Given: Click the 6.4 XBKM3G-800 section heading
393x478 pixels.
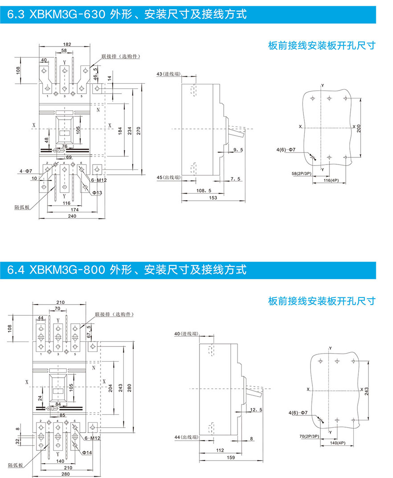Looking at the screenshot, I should pos(127,270).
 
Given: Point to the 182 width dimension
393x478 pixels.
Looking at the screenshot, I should pos(67,45).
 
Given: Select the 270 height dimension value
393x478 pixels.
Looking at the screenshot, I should pos(138,130).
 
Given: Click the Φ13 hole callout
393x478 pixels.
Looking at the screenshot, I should pos(97,193).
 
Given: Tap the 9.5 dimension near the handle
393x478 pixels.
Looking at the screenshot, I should pos(237,150).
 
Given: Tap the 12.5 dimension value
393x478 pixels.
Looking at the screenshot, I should pos(256,409).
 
